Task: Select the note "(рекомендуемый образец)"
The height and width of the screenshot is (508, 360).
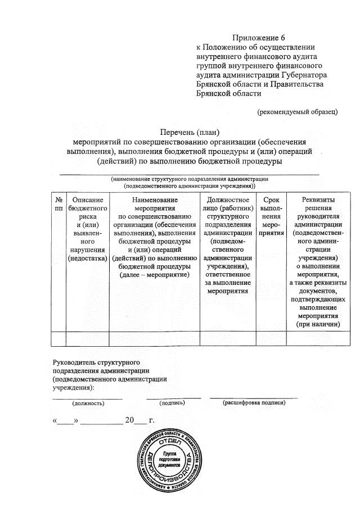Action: tap(297, 112)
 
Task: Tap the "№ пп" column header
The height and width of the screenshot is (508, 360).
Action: tap(58, 205)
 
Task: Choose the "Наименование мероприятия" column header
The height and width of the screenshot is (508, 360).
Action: tap(154, 237)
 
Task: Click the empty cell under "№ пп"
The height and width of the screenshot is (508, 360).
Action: tap(58, 338)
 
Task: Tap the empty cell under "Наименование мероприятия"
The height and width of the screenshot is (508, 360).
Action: tap(154, 338)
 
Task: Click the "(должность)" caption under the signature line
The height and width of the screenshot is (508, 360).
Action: tap(88, 403)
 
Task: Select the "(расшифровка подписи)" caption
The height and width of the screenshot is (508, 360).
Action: tap(254, 402)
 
